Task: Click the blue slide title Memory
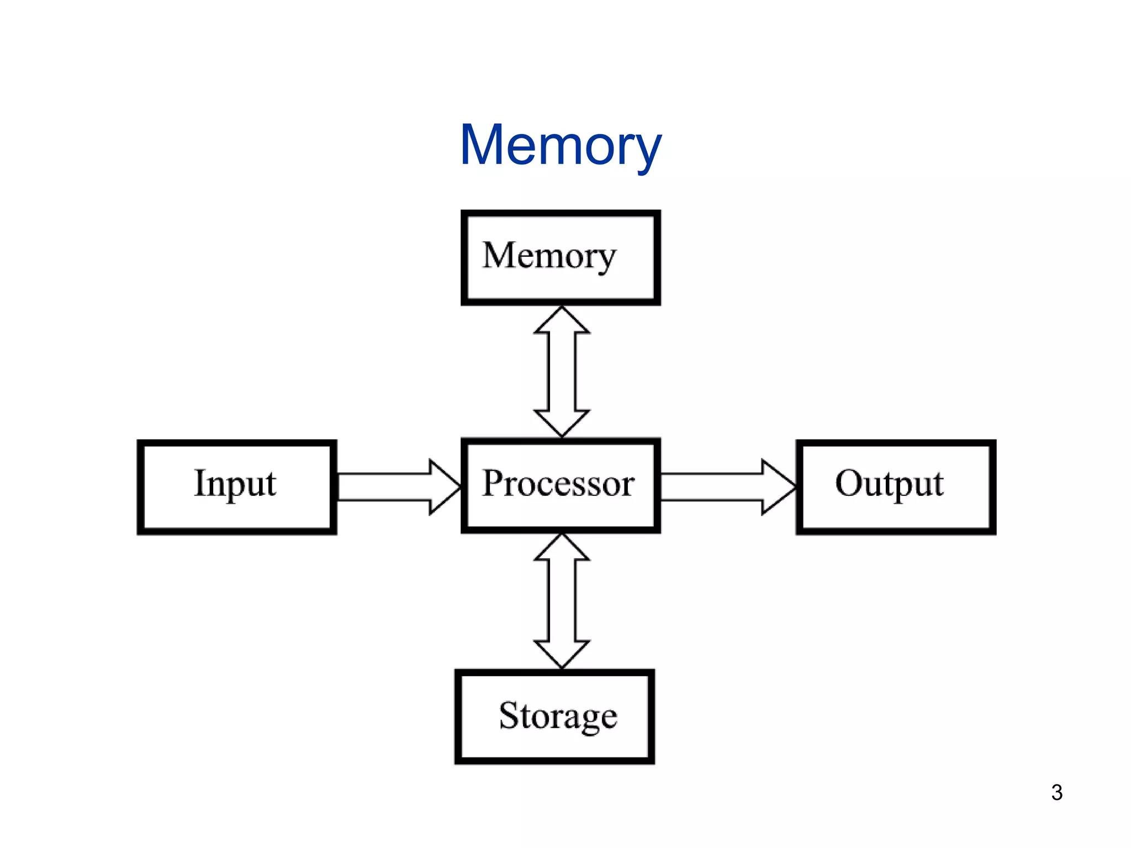[560, 145]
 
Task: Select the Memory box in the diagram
[561, 257]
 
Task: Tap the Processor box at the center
[561, 485]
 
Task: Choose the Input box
[237, 487]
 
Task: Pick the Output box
[896, 487]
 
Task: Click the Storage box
[554, 717]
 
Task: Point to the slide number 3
[1056, 793]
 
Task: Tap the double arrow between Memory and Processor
[562, 372]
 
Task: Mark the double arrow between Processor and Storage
[562, 601]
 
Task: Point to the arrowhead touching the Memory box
[562, 320]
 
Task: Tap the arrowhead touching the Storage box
[562, 654]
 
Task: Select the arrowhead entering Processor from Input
[445, 487]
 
